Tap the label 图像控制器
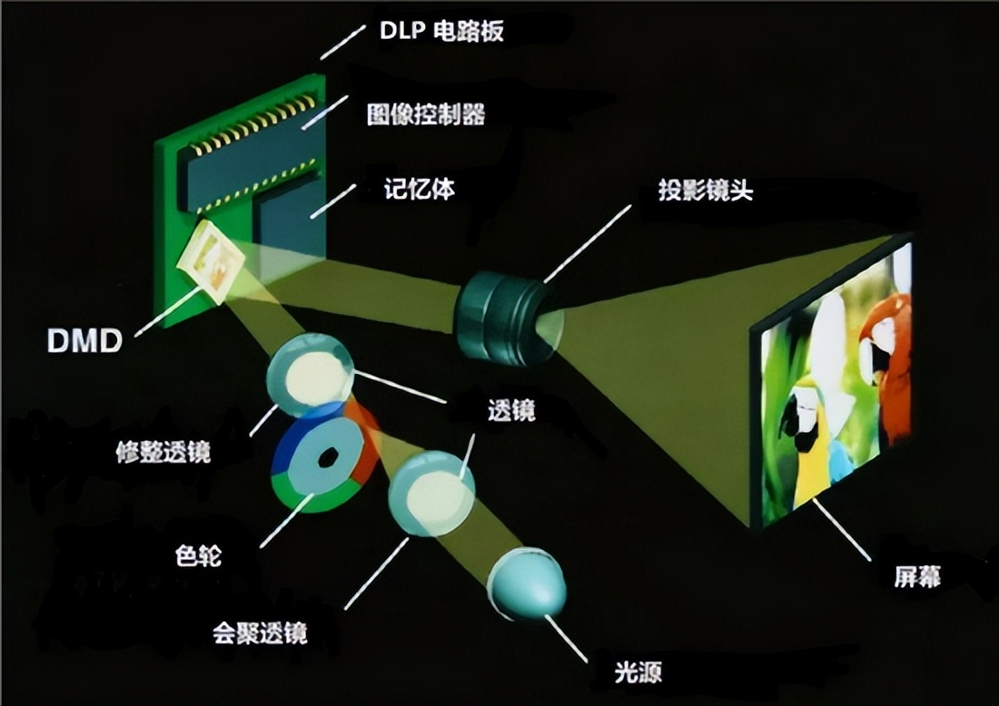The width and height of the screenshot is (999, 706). pos(425,113)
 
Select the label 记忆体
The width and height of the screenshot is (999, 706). pos(419,191)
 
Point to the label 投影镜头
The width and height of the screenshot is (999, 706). pos(706,191)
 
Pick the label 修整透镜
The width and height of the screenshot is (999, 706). pos(163,451)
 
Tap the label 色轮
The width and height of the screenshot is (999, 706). pos(197,554)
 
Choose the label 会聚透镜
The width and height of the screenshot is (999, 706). pos(260,632)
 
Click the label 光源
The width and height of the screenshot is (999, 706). pos(638,672)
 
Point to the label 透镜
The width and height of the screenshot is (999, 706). pos(511,410)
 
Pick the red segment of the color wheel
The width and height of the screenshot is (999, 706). pos(364,445)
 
